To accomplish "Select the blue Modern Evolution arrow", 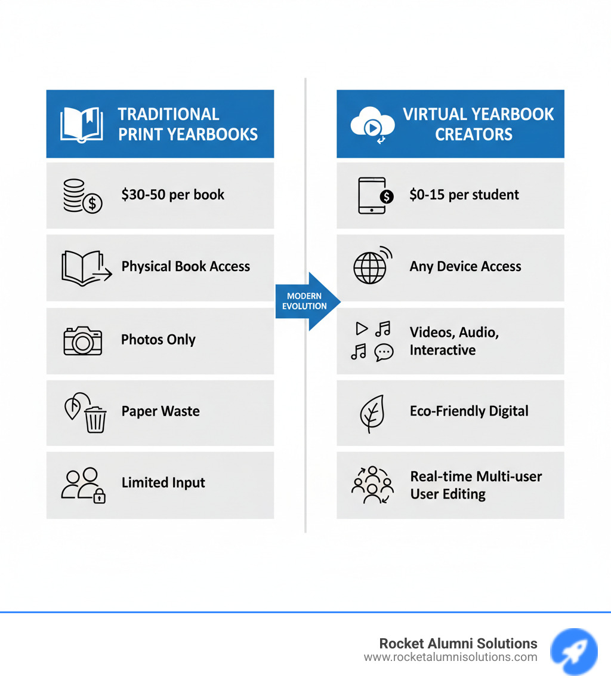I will click(308, 302).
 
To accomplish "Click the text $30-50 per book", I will click(172, 195).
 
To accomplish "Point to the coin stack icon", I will click(82, 196).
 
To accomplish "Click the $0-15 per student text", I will click(464, 195).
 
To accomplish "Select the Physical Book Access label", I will click(186, 266).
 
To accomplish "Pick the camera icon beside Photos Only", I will click(82, 340).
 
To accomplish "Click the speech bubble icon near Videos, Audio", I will click(384, 352).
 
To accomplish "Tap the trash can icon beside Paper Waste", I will click(95, 419).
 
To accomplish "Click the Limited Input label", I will click(163, 482).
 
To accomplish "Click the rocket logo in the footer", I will click(573, 651).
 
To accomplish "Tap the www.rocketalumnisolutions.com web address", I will click(450, 657).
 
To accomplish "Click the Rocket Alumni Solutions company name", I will click(458, 644).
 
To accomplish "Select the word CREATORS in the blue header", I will click(474, 134).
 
